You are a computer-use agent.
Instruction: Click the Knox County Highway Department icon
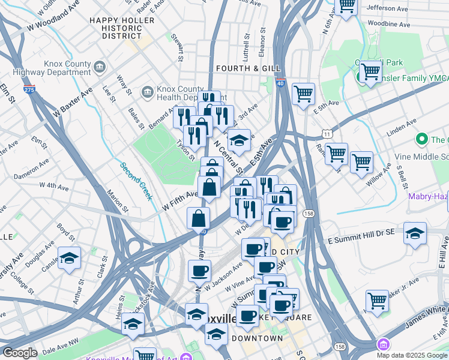coord(100,65)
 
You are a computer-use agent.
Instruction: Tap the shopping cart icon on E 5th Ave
coord(304,94)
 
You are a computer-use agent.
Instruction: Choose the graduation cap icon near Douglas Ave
coord(70,258)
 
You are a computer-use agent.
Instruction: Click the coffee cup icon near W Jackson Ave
coord(199,270)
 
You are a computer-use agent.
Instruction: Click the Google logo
coord(20,353)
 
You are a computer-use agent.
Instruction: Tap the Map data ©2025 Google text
coord(411,355)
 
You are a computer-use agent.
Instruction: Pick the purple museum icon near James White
coord(382,345)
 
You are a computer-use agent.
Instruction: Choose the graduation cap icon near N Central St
coord(239,140)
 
